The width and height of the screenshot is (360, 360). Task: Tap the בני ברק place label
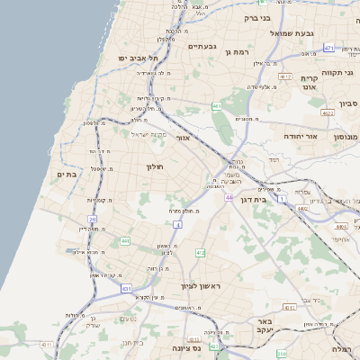pyautogui.click(x=264, y=16)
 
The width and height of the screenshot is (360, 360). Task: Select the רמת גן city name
pyautogui.click(x=239, y=52)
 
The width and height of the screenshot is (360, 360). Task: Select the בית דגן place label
pyautogui.click(x=256, y=200)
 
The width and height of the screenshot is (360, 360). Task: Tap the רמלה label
pyautogui.click(x=342, y=348)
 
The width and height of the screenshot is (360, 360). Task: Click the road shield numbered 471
pyautogui.click(x=328, y=48)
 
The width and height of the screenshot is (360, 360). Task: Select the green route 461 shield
pyautogui.click(x=217, y=106)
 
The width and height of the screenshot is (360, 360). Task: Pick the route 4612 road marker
pyautogui.click(x=328, y=113)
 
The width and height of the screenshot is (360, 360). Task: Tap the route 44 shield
pyautogui.click(x=229, y=197)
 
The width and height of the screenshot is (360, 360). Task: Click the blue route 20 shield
pyautogui.click(x=91, y=219)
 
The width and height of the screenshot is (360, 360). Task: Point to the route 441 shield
pyautogui.click(x=125, y=241)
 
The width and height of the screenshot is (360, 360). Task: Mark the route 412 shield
pyautogui.click(x=200, y=253)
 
